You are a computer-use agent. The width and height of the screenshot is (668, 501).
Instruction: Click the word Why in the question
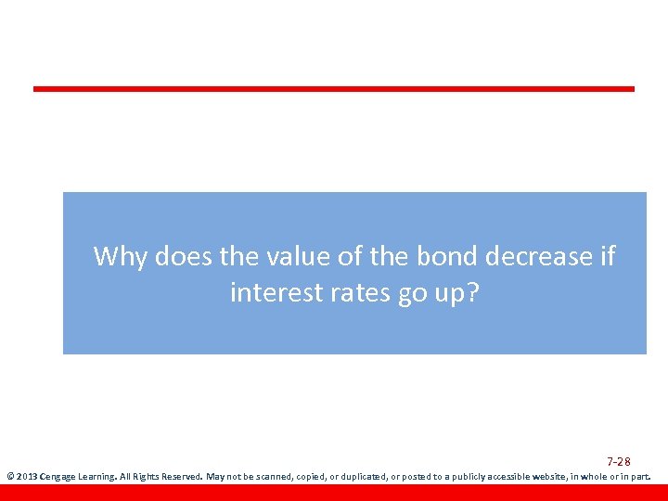tap(120, 256)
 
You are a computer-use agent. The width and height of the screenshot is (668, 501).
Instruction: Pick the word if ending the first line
tap(607, 256)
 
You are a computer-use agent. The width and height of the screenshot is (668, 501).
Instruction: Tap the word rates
tap(363, 293)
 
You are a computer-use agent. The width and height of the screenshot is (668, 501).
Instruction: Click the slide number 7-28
tap(619, 462)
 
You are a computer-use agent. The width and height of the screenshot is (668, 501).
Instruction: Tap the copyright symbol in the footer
tap(9, 477)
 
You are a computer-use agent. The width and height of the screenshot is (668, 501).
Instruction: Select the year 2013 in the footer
tap(26, 477)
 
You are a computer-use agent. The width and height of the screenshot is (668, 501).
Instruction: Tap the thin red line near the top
tap(334, 89)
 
